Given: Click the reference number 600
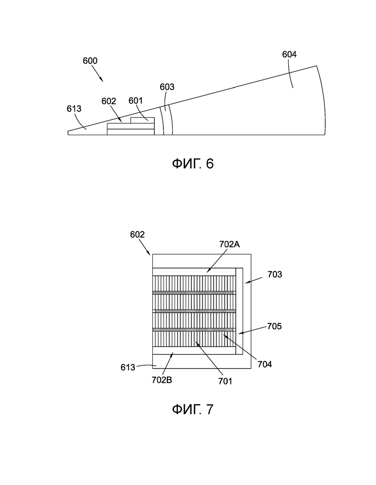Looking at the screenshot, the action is pyautogui.click(x=90, y=61).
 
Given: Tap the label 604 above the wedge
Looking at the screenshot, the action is pyautogui.click(x=289, y=54).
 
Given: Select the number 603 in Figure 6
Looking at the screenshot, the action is pyautogui.click(x=167, y=87).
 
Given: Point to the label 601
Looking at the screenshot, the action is pyautogui.click(x=135, y=101).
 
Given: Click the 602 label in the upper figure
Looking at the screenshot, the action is pyautogui.click(x=109, y=101).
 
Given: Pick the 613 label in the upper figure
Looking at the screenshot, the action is pyautogui.click(x=74, y=109).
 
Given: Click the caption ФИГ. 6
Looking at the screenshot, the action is pyautogui.click(x=193, y=164).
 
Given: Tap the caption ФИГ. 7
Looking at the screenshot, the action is pyautogui.click(x=193, y=409).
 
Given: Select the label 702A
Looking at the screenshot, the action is pyautogui.click(x=229, y=244).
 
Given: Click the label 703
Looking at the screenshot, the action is pyautogui.click(x=275, y=274).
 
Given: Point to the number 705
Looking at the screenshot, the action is pyautogui.click(x=274, y=326).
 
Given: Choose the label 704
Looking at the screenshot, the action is pyautogui.click(x=265, y=364).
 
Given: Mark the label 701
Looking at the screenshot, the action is pyautogui.click(x=225, y=381).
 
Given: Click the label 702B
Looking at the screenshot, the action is pyautogui.click(x=162, y=380).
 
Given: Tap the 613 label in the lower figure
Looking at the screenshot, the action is pyautogui.click(x=128, y=367).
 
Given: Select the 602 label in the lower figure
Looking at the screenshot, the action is pyautogui.click(x=137, y=234).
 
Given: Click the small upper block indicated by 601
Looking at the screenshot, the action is pyautogui.click(x=143, y=120).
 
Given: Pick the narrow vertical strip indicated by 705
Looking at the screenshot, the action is pyautogui.click(x=239, y=311).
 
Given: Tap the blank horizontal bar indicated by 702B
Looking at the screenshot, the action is pyautogui.click(x=194, y=350).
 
